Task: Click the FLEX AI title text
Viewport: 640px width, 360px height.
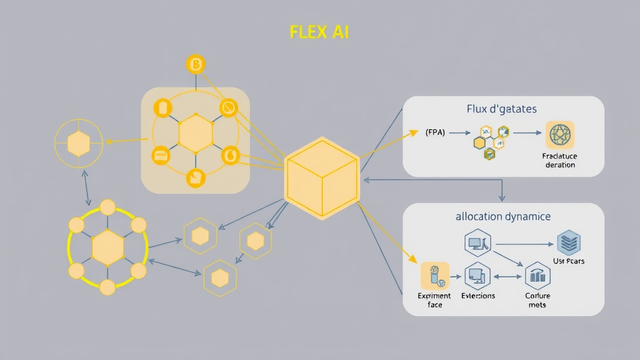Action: click(319, 32)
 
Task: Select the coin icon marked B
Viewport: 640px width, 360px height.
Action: click(196, 64)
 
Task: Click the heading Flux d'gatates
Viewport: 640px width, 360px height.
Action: click(501, 109)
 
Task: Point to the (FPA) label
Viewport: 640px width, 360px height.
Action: click(435, 132)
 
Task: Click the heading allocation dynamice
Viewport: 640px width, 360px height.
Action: click(503, 216)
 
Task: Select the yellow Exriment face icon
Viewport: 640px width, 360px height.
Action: click(435, 276)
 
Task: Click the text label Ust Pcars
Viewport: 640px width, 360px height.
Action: click(569, 261)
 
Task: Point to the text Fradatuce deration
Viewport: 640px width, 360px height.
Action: click(560, 160)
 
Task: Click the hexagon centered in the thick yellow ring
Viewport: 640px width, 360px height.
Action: click(107, 248)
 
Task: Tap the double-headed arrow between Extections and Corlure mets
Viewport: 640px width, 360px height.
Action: click(507, 276)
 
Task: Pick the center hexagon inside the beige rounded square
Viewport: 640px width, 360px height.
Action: click(196, 133)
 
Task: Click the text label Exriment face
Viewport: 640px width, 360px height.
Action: click(434, 300)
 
